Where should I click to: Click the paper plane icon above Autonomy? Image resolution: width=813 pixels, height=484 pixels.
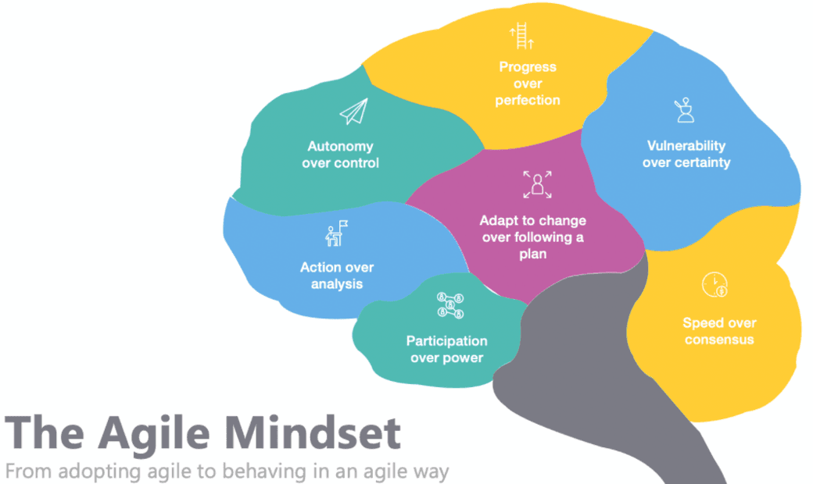tap(353, 113)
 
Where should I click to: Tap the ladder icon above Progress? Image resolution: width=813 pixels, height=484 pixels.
tap(520, 37)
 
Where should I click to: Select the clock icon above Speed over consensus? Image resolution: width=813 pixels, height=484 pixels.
tap(715, 285)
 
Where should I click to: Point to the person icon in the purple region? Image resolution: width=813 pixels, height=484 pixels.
tap(537, 184)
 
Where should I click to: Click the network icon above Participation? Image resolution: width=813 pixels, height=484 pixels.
tap(450, 304)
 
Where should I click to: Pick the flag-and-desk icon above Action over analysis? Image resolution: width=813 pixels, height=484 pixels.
tap(336, 233)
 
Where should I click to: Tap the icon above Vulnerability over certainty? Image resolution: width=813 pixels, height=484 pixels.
tap(686, 112)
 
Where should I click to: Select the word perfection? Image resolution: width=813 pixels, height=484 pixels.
tap(528, 100)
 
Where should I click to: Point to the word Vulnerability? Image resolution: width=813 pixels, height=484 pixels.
tap(686, 145)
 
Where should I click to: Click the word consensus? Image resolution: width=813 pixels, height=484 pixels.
tap(719, 340)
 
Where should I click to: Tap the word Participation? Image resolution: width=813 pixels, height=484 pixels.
tap(446, 341)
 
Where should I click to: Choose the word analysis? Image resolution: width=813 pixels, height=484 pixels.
tap(337, 284)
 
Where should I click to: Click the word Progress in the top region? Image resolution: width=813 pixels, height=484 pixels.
tap(528, 67)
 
